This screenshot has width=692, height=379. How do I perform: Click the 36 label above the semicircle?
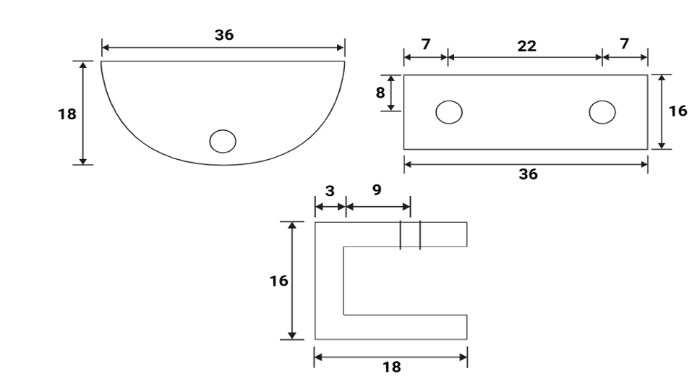pyautogui.click(x=224, y=35)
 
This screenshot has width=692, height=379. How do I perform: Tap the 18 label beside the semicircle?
pyautogui.click(x=67, y=114)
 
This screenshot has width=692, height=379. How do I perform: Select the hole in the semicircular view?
pyautogui.click(x=223, y=141)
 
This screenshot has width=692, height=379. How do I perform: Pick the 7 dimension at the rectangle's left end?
pyautogui.click(x=425, y=44)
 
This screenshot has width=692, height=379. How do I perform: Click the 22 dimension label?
pyautogui.click(x=527, y=46)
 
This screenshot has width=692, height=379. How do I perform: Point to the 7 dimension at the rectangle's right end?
pyautogui.click(x=624, y=43)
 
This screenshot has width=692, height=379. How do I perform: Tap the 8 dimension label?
pyautogui.click(x=380, y=93)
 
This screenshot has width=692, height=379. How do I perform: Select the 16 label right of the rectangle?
pyautogui.click(x=678, y=111)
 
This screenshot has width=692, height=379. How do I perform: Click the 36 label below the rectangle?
pyautogui.click(x=529, y=174)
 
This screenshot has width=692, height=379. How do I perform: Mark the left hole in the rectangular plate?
pyautogui.click(x=449, y=112)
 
